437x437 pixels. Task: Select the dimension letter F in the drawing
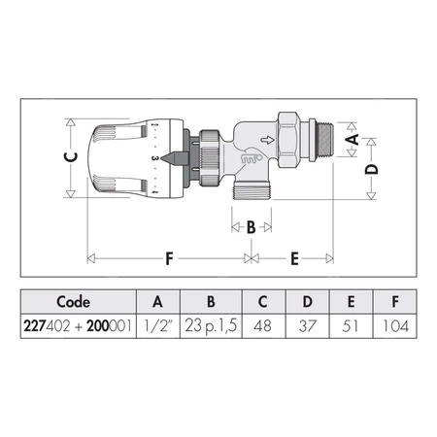(x=169, y=259)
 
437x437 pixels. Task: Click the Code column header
(x=73, y=300)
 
